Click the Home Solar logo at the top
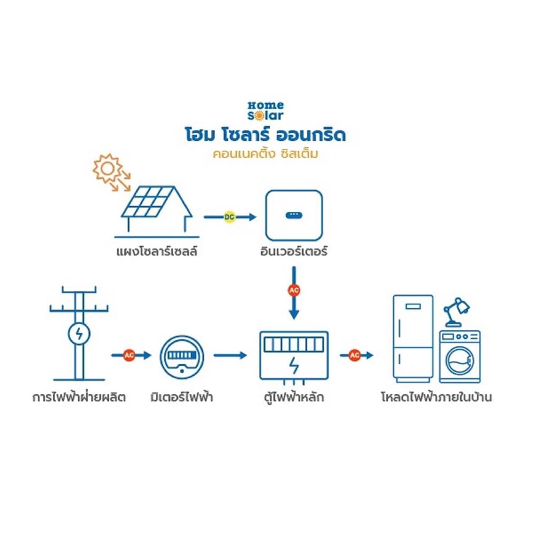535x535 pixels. pyautogui.click(x=265, y=110)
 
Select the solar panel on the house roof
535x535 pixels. pyautogui.click(x=148, y=201)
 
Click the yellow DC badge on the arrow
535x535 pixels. pyautogui.click(x=230, y=217)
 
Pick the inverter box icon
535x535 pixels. pyautogui.click(x=294, y=215)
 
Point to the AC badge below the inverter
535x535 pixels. pyautogui.click(x=294, y=291)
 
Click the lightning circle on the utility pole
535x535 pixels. pyautogui.click(x=79, y=334)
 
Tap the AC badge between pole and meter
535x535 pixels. pyautogui.click(x=129, y=355)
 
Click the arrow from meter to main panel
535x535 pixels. pyautogui.click(x=231, y=355)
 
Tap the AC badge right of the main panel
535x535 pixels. pyautogui.click(x=354, y=355)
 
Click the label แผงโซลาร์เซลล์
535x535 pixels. pyautogui.click(x=156, y=251)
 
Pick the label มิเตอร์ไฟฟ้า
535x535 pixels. pyautogui.click(x=182, y=398)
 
